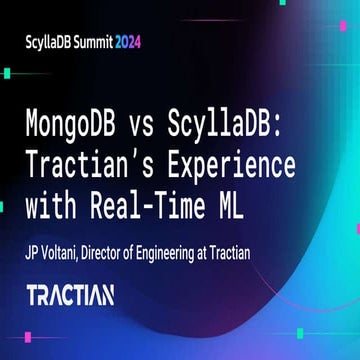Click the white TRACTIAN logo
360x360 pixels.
point(70,295)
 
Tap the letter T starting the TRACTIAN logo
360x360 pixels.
point(33,295)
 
